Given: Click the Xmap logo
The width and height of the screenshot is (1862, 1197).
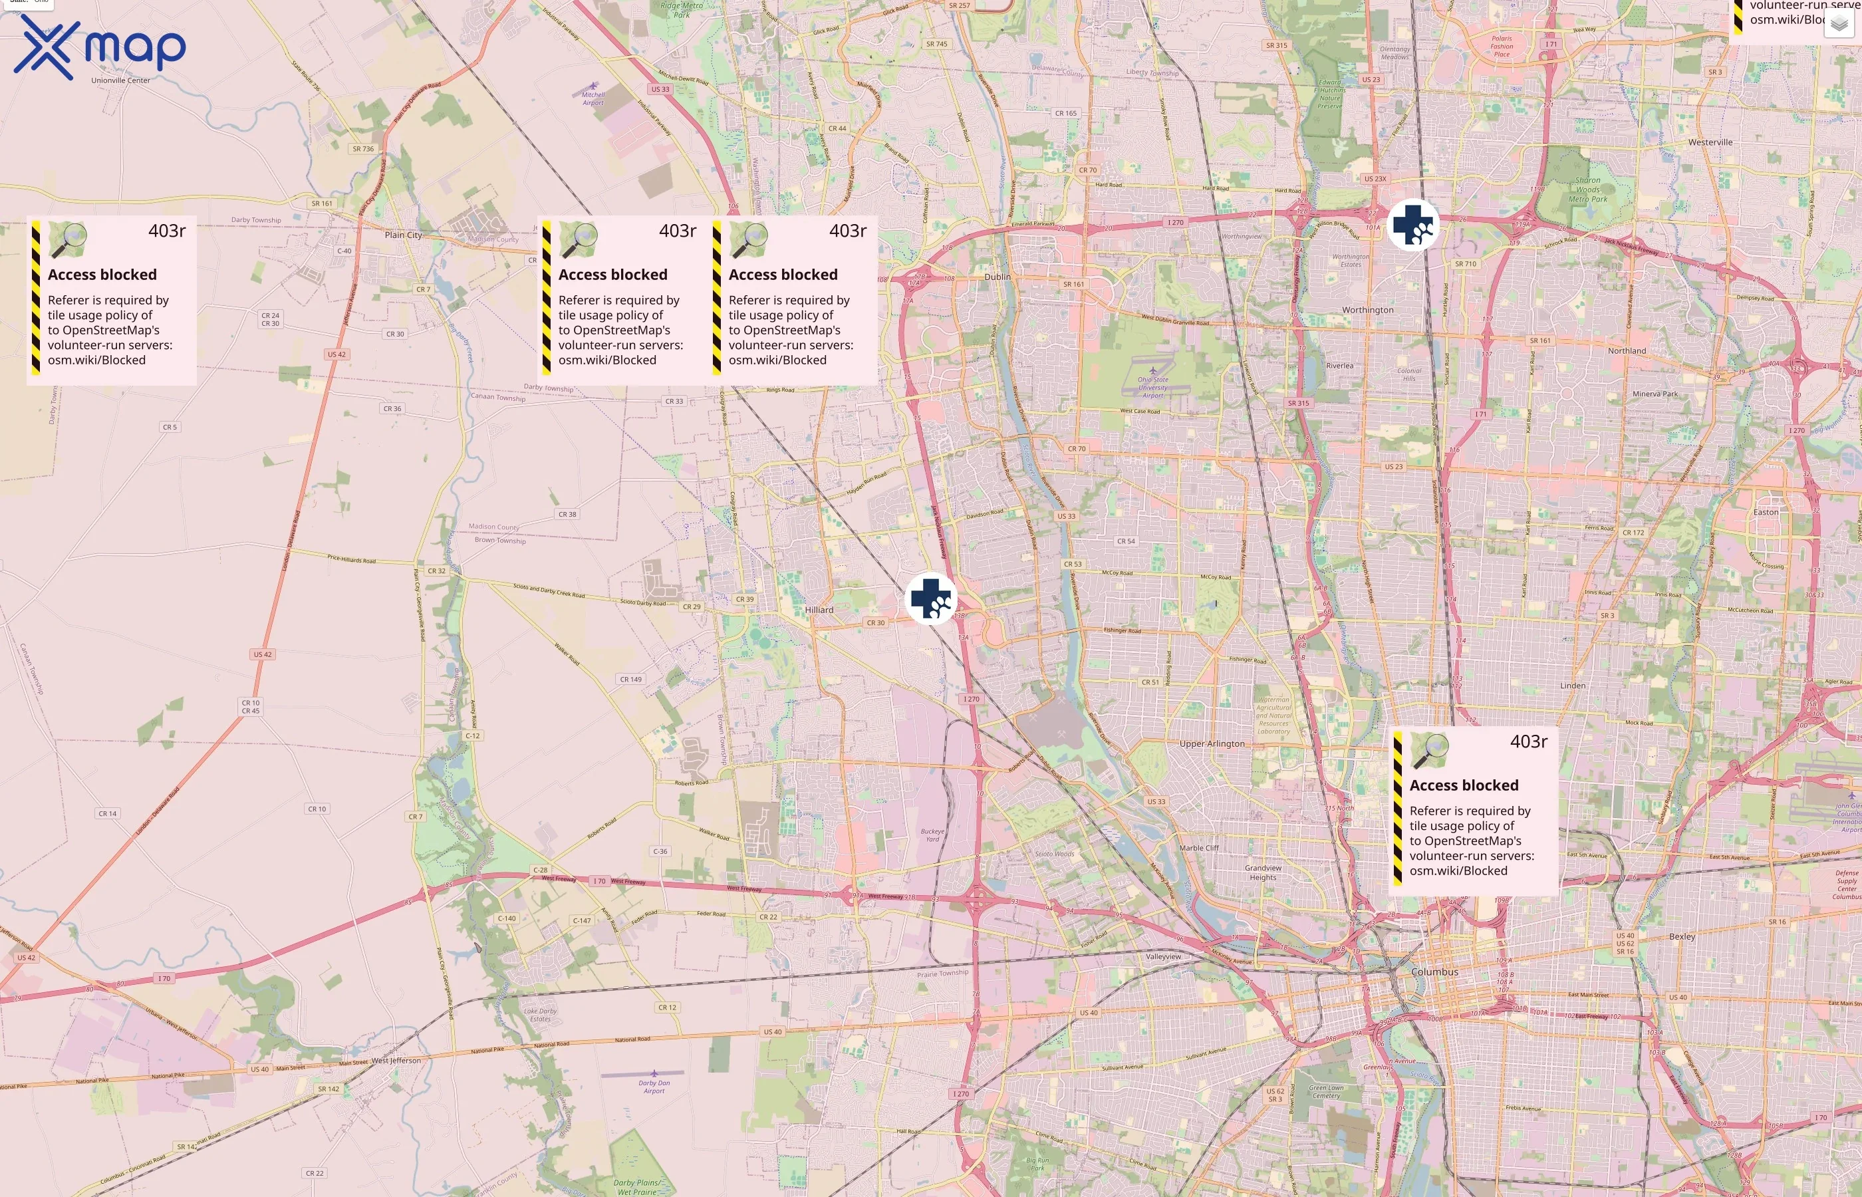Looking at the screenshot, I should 100,48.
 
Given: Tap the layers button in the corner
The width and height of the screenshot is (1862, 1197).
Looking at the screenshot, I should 1838,24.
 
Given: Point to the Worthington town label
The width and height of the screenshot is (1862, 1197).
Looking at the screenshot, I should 1368,310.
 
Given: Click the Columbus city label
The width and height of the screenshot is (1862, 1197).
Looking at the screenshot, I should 1434,972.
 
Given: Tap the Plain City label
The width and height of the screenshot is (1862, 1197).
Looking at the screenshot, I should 404,235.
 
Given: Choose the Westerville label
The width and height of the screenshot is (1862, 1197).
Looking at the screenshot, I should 1710,142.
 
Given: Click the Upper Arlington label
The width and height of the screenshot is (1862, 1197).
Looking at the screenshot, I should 1212,744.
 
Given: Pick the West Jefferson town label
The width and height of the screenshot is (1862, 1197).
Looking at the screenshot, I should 396,1060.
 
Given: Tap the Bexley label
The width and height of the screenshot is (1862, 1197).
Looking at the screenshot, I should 1682,936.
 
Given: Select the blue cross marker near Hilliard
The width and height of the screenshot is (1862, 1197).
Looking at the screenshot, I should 930,598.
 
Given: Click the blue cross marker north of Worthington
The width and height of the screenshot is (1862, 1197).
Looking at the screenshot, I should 1413,225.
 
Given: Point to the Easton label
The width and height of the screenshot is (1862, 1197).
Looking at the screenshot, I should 1766,512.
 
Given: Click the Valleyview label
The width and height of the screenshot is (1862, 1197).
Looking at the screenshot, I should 1162,957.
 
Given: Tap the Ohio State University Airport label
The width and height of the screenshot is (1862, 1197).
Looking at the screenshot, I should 1152,387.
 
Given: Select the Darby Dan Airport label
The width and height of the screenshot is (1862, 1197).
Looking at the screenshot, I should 654,1087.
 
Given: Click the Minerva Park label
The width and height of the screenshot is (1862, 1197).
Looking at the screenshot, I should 1655,394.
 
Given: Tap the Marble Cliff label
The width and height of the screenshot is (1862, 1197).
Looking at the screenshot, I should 1198,848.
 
